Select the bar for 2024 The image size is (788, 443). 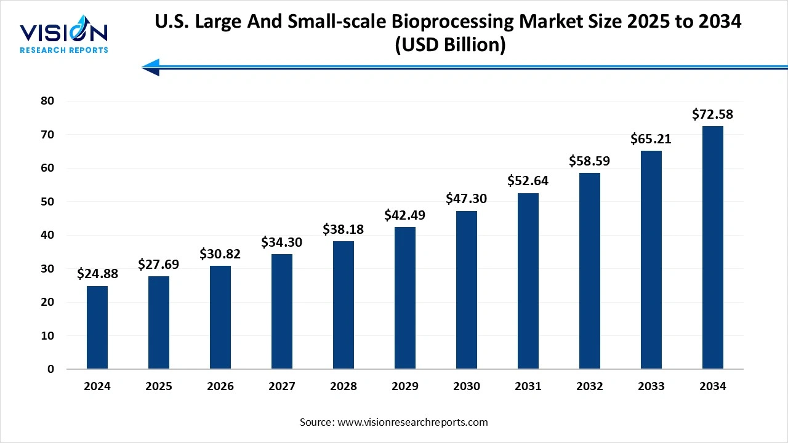click(x=97, y=327)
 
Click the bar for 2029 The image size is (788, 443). click(x=405, y=298)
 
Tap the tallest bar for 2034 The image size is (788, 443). click(x=713, y=247)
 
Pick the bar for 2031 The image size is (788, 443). click(x=528, y=281)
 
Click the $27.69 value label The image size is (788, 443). click(x=159, y=264)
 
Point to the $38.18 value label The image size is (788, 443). click(x=344, y=229)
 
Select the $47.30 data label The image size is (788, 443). click(x=467, y=199)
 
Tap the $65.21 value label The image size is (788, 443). click(x=651, y=139)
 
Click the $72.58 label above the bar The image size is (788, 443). click(x=712, y=114)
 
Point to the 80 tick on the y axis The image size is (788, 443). click(x=48, y=101)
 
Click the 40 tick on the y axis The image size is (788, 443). click(x=48, y=235)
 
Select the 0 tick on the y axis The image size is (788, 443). click(x=51, y=369)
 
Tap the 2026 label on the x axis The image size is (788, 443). click(x=220, y=386)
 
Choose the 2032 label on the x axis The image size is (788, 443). click(x=590, y=386)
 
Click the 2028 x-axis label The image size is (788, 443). click(x=344, y=386)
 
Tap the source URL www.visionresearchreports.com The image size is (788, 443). click(x=412, y=422)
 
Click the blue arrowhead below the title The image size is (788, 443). click(x=151, y=67)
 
